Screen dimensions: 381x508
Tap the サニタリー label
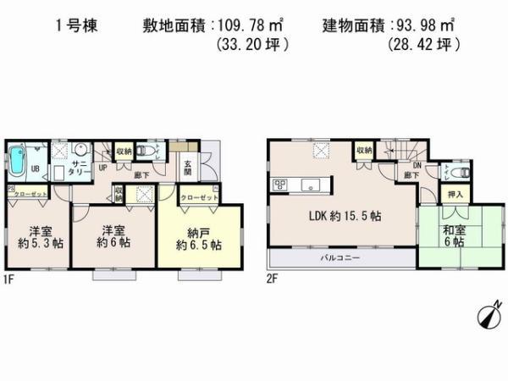81,166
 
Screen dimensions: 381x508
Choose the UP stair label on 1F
102,168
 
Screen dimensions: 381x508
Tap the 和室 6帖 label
450,235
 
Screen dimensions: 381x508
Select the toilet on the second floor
457,172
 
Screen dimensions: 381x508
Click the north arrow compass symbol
489,316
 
